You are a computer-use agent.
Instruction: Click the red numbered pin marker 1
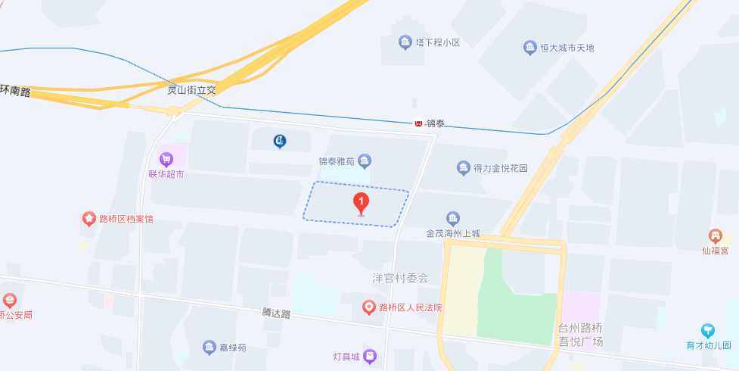click(362, 202)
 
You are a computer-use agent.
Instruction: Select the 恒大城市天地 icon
click(530, 48)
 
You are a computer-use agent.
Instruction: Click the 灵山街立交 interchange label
click(191, 89)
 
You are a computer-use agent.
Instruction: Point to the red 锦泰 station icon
click(418, 123)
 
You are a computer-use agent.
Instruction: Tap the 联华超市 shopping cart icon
click(166, 160)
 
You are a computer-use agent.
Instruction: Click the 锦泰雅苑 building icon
click(365, 161)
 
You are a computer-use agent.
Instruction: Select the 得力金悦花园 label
click(500, 168)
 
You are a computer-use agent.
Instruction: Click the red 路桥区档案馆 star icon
click(89, 219)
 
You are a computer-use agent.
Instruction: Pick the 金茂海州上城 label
click(453, 233)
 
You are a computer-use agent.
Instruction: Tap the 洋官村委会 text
click(400, 278)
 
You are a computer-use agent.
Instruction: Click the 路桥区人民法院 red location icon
click(368, 307)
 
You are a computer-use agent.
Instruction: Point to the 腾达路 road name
click(276, 313)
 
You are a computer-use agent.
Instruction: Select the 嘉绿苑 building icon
click(209, 348)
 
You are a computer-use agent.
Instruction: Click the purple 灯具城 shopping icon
click(369, 355)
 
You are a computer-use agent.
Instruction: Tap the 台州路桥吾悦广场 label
click(580, 335)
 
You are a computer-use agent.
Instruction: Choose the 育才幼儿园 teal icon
click(707, 330)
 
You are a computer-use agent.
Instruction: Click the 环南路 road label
click(15, 92)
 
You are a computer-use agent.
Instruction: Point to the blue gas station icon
click(280, 141)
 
